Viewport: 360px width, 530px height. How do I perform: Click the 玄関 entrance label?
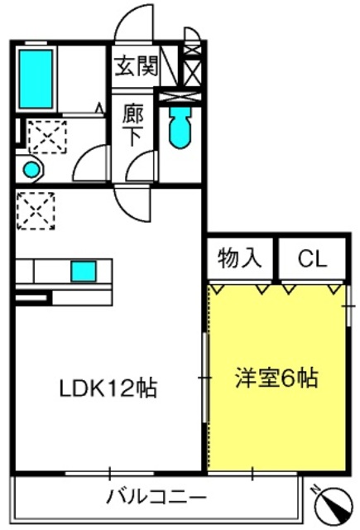tap(137, 66)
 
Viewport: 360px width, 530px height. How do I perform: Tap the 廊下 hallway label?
tap(132, 124)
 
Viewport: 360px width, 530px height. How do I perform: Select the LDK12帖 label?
tap(108, 388)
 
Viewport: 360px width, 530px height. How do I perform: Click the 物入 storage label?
tap(239, 258)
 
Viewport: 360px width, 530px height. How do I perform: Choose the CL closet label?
tap(312, 259)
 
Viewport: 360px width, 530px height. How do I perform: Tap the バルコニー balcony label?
tap(156, 497)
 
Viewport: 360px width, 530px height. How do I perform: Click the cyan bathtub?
tap(36, 79)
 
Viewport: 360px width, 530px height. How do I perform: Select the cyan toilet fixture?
tap(180, 128)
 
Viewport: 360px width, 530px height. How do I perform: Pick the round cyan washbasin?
tap(31, 169)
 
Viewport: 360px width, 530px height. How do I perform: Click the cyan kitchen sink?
tap(84, 271)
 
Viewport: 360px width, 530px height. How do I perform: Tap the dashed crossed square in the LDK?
tap(36, 211)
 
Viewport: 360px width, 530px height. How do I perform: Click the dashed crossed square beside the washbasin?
tap(47, 137)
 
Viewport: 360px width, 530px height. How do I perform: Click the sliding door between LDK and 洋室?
tap(204, 378)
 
